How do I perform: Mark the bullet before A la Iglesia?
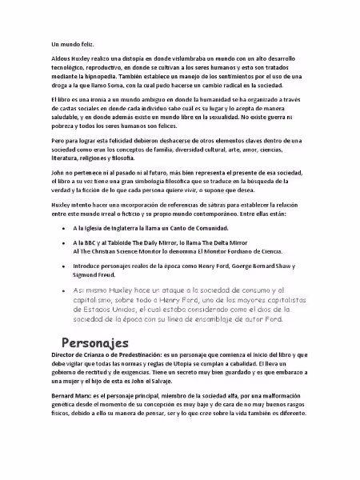tap(64, 228)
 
